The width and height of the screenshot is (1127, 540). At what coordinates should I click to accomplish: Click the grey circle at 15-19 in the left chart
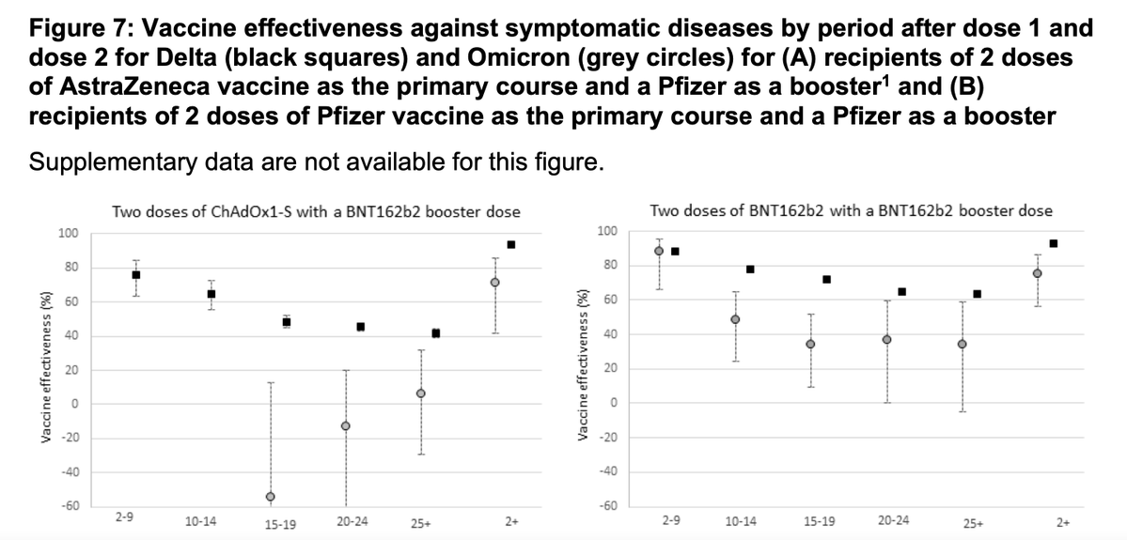tap(271, 496)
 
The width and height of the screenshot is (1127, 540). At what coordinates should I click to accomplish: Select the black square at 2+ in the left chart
tap(511, 244)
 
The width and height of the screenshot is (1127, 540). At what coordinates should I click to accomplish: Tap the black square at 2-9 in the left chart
tap(136, 274)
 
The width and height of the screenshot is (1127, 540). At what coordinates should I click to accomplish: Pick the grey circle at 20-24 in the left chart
tap(346, 425)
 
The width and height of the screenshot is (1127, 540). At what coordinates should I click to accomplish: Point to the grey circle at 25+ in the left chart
tap(421, 393)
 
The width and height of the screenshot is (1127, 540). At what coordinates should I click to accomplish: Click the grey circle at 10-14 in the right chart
tap(735, 319)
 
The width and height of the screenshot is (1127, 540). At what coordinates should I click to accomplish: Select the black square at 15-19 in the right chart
tap(826, 279)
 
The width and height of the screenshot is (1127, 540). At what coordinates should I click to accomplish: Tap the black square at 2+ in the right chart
tap(1054, 243)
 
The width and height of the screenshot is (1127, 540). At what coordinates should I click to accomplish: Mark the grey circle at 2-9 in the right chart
tap(659, 251)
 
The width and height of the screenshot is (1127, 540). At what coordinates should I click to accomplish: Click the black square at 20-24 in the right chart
tap(902, 291)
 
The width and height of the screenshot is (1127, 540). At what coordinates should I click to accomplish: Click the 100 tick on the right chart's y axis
tap(607, 231)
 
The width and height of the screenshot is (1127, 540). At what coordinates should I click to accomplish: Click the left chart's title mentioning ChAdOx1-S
tap(316, 211)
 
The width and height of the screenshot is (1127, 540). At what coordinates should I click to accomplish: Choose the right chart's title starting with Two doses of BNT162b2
tap(851, 210)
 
